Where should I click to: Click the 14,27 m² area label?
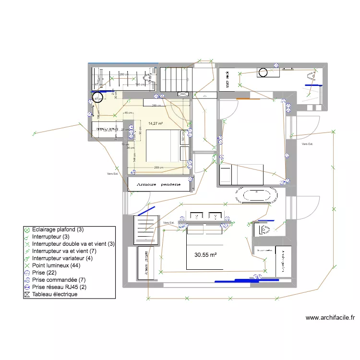click(156, 123)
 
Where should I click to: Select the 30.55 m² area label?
click(206, 255)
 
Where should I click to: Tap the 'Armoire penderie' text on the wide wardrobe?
click(158, 184)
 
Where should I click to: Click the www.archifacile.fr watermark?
click(330, 317)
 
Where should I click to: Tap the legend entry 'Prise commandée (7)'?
click(59, 280)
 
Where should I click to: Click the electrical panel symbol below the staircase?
click(184, 95)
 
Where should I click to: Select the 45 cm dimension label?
click(129, 113)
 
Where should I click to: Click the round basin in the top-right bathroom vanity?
click(263, 72)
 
